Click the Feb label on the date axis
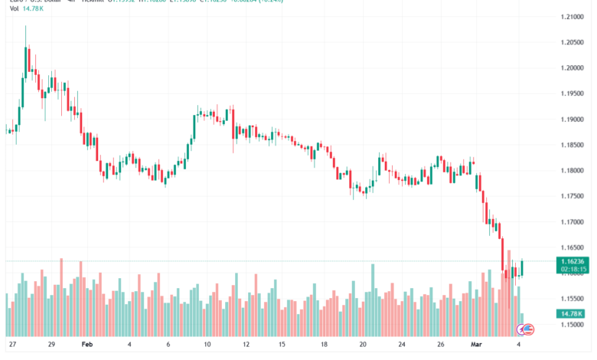coord(86,345)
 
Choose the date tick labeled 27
coord(13,345)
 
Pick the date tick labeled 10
coord(207,345)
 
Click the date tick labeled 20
coord(363,345)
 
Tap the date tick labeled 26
coord(440,345)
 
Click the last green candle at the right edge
coord(522,267)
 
